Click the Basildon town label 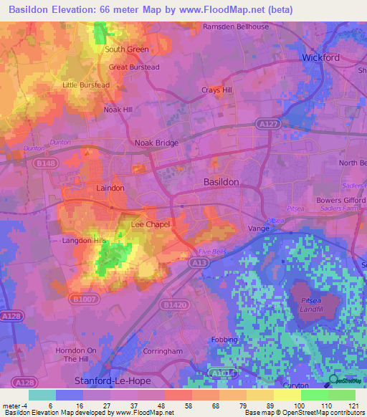click(x=221, y=182)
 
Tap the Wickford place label click(x=320, y=57)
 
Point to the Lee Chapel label click(x=150, y=224)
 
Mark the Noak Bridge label click(x=156, y=143)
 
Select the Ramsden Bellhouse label click(x=236, y=27)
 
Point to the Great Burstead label click(x=134, y=67)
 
